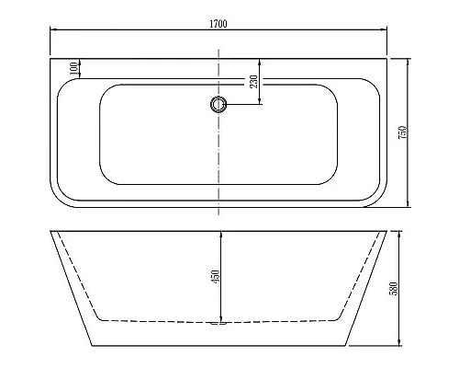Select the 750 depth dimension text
[x=401, y=132]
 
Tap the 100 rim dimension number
[x=73, y=69]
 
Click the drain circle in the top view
[x=218, y=104]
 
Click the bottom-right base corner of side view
[x=345, y=346]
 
